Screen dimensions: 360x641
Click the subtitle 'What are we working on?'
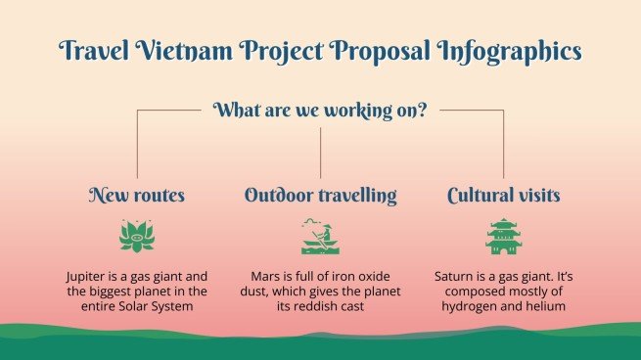320,110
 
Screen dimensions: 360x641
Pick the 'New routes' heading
136,196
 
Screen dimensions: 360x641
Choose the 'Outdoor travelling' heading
320,196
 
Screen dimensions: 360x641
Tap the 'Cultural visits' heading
503,196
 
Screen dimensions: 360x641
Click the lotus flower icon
136,237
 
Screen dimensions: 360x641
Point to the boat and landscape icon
320,237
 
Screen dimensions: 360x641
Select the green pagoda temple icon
503,237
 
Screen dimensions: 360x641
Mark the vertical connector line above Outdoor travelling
320,152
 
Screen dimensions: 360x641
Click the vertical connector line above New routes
136,147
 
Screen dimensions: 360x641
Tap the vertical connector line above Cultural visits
503,147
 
